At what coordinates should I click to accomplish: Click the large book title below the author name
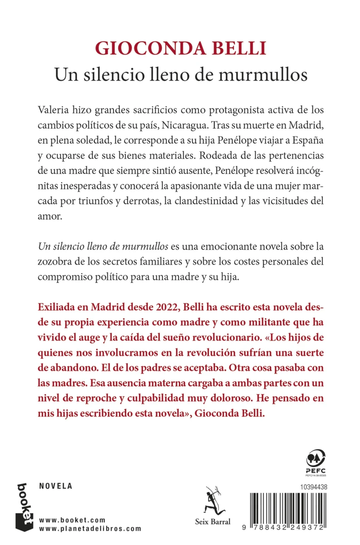180,74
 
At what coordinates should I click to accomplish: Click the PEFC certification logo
314,461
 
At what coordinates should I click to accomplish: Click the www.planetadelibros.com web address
90,528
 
